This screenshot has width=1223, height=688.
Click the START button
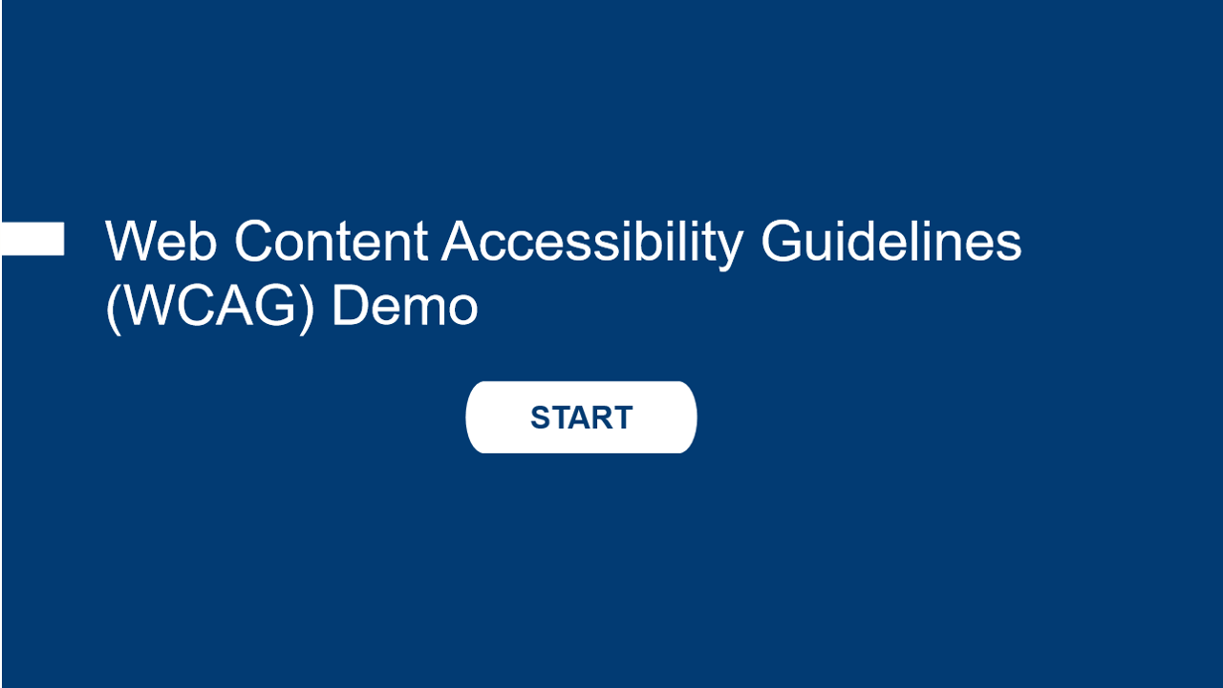click(581, 418)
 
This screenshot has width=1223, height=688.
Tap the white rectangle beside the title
click(32, 239)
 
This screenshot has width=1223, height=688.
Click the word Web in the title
click(161, 240)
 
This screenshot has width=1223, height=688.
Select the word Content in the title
click(331, 240)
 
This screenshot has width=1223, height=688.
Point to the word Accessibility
click(592, 245)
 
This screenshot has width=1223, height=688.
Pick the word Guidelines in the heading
click(891, 240)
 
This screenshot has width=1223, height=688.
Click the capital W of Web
click(132, 240)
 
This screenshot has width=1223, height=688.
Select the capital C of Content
click(253, 240)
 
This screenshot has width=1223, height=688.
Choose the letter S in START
click(541, 418)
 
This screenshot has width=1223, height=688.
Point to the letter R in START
click(603, 418)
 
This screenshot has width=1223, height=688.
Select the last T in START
click(623, 418)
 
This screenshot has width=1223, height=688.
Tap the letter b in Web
click(204, 240)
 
